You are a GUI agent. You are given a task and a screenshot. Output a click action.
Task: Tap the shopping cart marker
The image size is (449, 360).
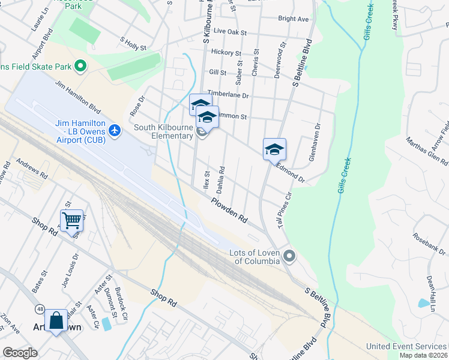pos(71,220)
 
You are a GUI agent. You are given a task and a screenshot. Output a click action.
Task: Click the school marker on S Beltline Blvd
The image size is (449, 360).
pos(274,149)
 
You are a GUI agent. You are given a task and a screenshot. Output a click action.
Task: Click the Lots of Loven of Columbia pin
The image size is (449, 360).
pos(289,257)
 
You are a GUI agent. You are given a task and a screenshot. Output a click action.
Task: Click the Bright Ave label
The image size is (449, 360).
pos(294,19)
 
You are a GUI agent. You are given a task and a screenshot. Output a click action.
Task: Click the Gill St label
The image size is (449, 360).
pos(217,73)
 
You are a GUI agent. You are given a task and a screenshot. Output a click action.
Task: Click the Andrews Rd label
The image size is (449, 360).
pos(32,169)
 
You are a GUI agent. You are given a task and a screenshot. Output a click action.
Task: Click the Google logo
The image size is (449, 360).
pos(20,353)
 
